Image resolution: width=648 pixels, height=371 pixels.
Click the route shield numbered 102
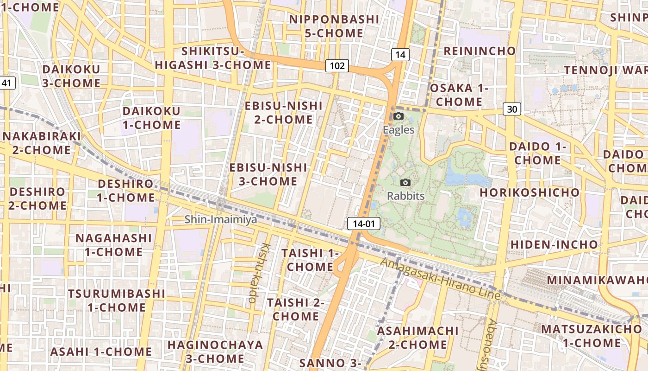[336, 66]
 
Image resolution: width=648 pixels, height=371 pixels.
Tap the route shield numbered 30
[512, 109]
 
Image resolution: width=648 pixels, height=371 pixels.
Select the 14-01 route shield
[364, 224]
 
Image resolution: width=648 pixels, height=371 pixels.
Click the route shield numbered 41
[6, 83]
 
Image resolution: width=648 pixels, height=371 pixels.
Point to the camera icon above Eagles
[399, 116]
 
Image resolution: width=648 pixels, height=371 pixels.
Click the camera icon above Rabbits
[405, 182]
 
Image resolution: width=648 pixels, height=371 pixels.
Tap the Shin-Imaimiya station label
[221, 219]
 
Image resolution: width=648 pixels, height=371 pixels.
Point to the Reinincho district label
[480, 51]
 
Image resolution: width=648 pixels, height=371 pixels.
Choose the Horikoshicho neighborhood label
[529, 192]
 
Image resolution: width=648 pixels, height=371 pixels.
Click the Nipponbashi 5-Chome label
[334, 26]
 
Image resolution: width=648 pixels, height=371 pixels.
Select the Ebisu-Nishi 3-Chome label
[268, 174]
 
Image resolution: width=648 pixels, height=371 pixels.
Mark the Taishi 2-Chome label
[296, 309]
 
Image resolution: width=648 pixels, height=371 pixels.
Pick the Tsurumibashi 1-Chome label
[117, 301]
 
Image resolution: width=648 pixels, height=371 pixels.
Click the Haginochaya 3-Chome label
[215, 352]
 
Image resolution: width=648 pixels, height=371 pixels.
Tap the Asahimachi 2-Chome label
[417, 338]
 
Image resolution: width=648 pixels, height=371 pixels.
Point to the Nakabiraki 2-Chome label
[41, 143]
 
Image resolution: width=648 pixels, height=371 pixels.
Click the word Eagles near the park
[399, 130]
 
